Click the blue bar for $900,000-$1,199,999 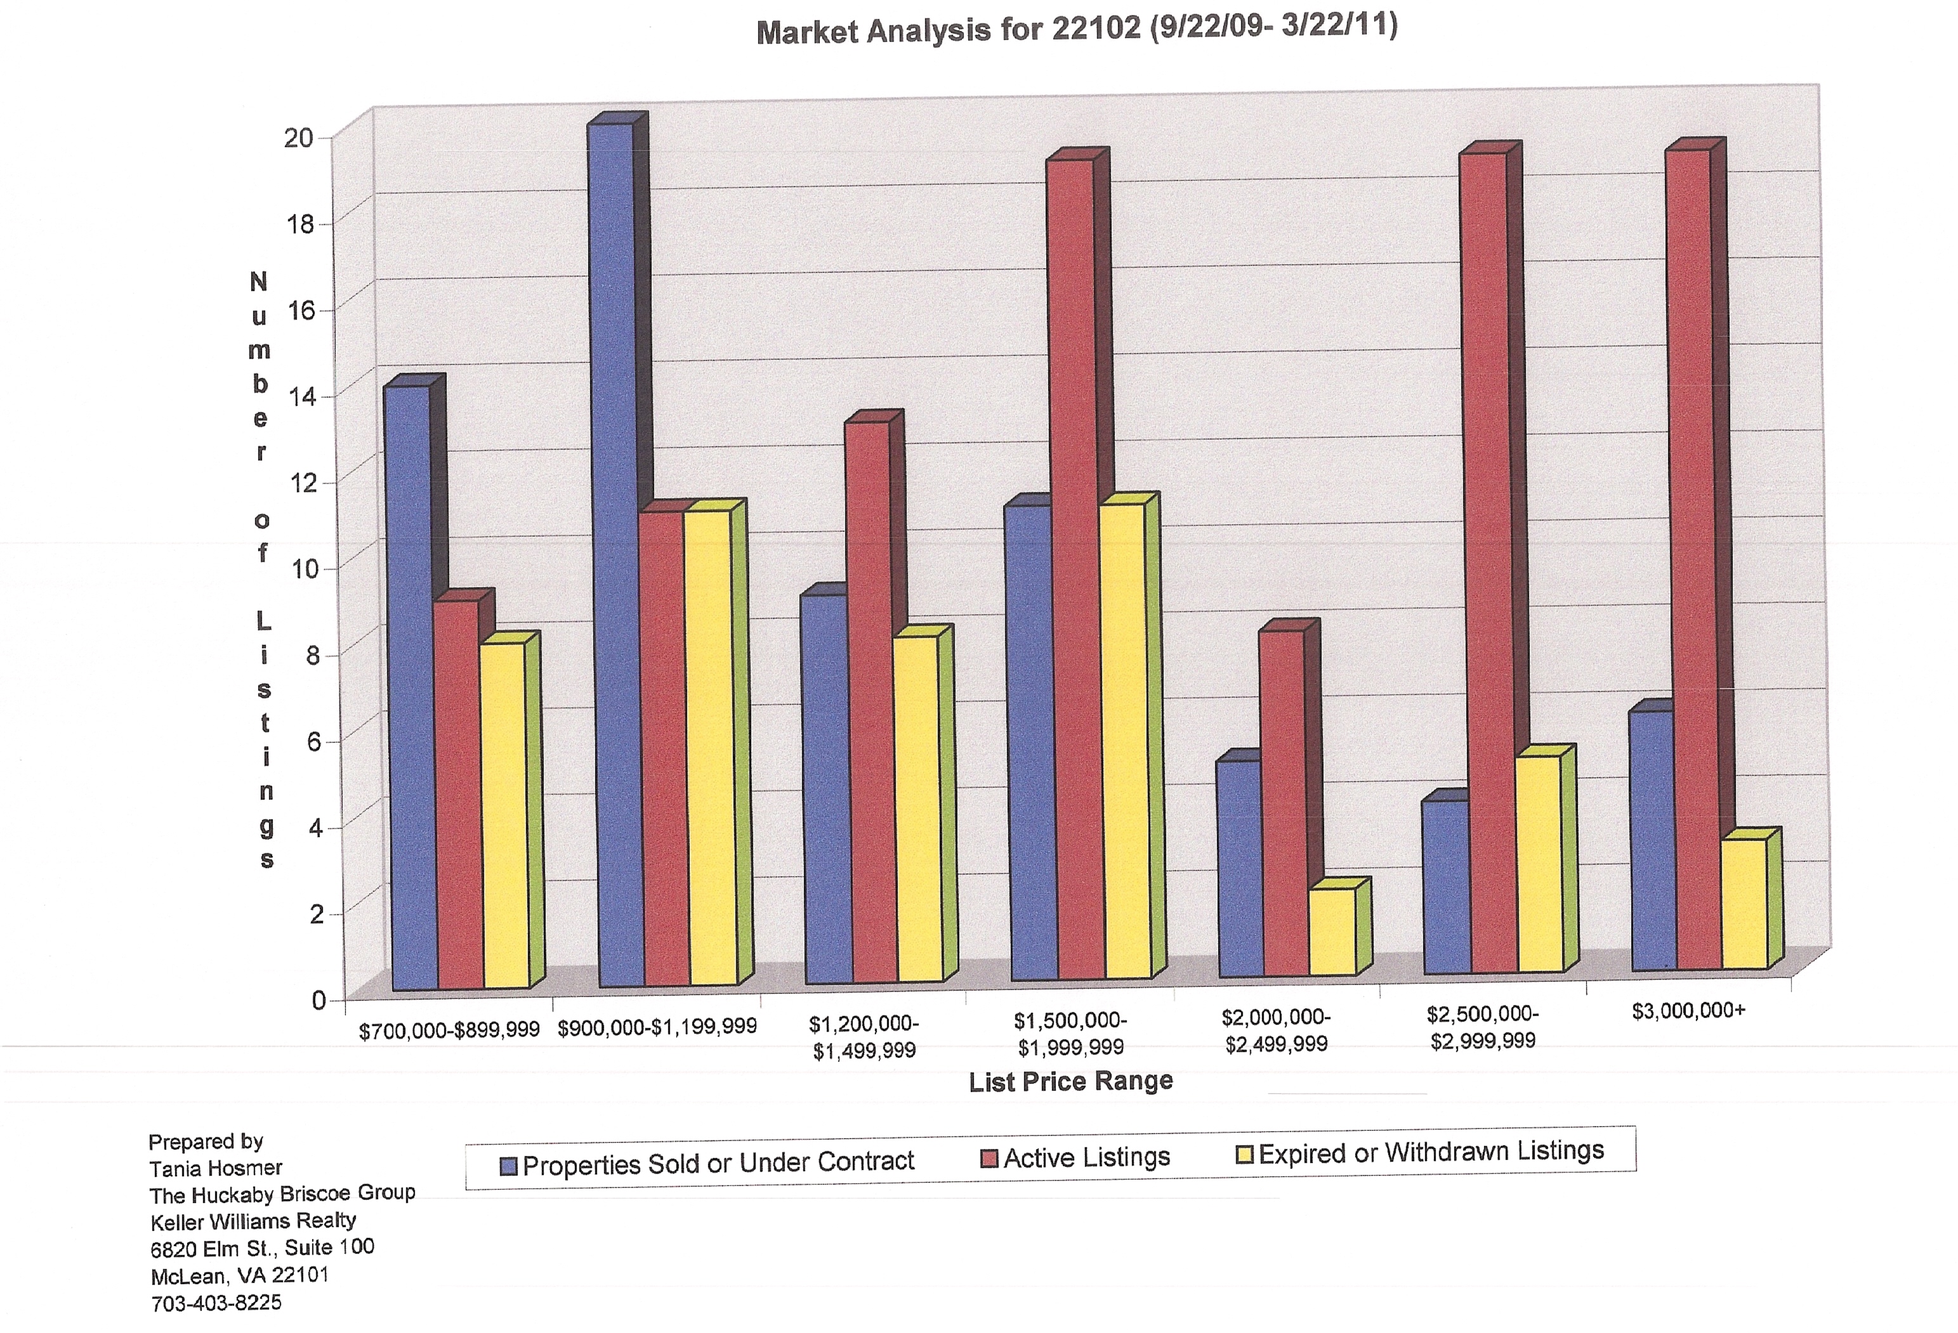(622, 556)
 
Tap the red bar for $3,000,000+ (1698, 560)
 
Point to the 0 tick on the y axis (319, 1000)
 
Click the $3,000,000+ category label (1688, 1010)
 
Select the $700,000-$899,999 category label (449, 1031)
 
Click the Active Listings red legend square (989, 1159)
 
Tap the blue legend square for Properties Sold (508, 1166)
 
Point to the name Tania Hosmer (216, 1168)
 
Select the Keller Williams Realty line (253, 1220)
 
